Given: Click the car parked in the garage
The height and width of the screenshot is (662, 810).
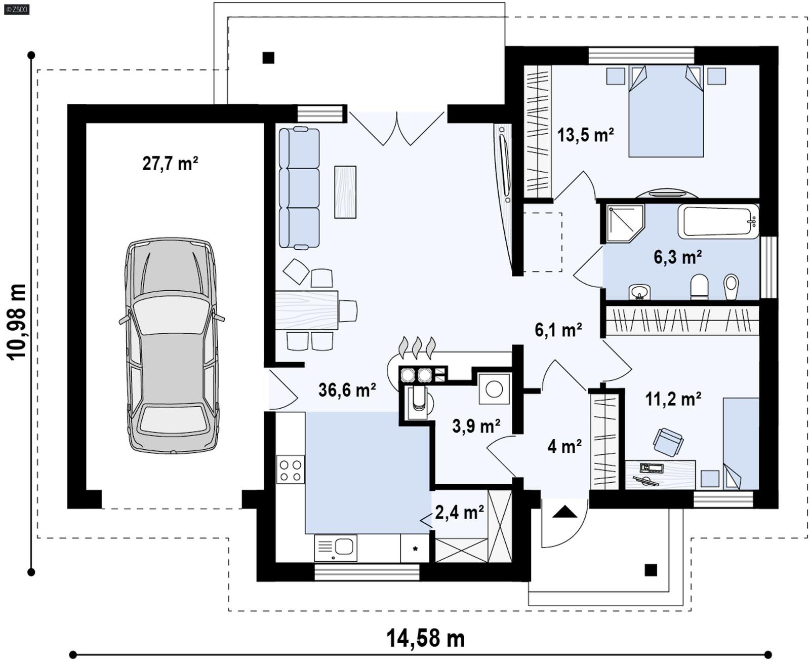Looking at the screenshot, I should point(172,345).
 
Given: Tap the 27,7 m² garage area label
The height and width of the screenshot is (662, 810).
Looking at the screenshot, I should point(170,164).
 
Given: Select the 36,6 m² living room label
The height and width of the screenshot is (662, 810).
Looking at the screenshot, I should point(347,390).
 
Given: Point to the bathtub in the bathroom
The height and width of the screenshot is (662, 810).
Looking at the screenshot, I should point(718,221).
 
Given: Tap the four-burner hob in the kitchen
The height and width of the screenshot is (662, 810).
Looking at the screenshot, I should point(291,470).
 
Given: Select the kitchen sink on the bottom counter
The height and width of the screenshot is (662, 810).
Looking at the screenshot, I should point(336,548).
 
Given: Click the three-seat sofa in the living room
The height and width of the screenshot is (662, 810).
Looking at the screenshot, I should point(299,188).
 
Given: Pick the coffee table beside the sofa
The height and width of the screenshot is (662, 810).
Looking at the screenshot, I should point(345,192).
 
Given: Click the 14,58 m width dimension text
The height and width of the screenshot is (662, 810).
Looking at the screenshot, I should point(425,639).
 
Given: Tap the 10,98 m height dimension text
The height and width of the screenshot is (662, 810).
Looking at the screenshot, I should point(17,322).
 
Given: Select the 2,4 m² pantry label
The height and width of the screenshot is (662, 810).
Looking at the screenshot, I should point(459,513).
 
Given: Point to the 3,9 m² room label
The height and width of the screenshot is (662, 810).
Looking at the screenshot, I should point(476,426).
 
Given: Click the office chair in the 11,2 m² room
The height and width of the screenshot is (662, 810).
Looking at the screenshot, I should point(668,441).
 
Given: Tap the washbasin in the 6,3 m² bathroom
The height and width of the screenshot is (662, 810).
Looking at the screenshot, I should point(639,292).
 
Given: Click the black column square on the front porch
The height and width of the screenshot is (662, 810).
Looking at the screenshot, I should point(651,570).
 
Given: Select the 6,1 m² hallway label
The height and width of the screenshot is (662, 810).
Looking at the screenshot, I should point(558,330).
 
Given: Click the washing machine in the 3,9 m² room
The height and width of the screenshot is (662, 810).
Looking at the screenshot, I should point(494,389).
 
